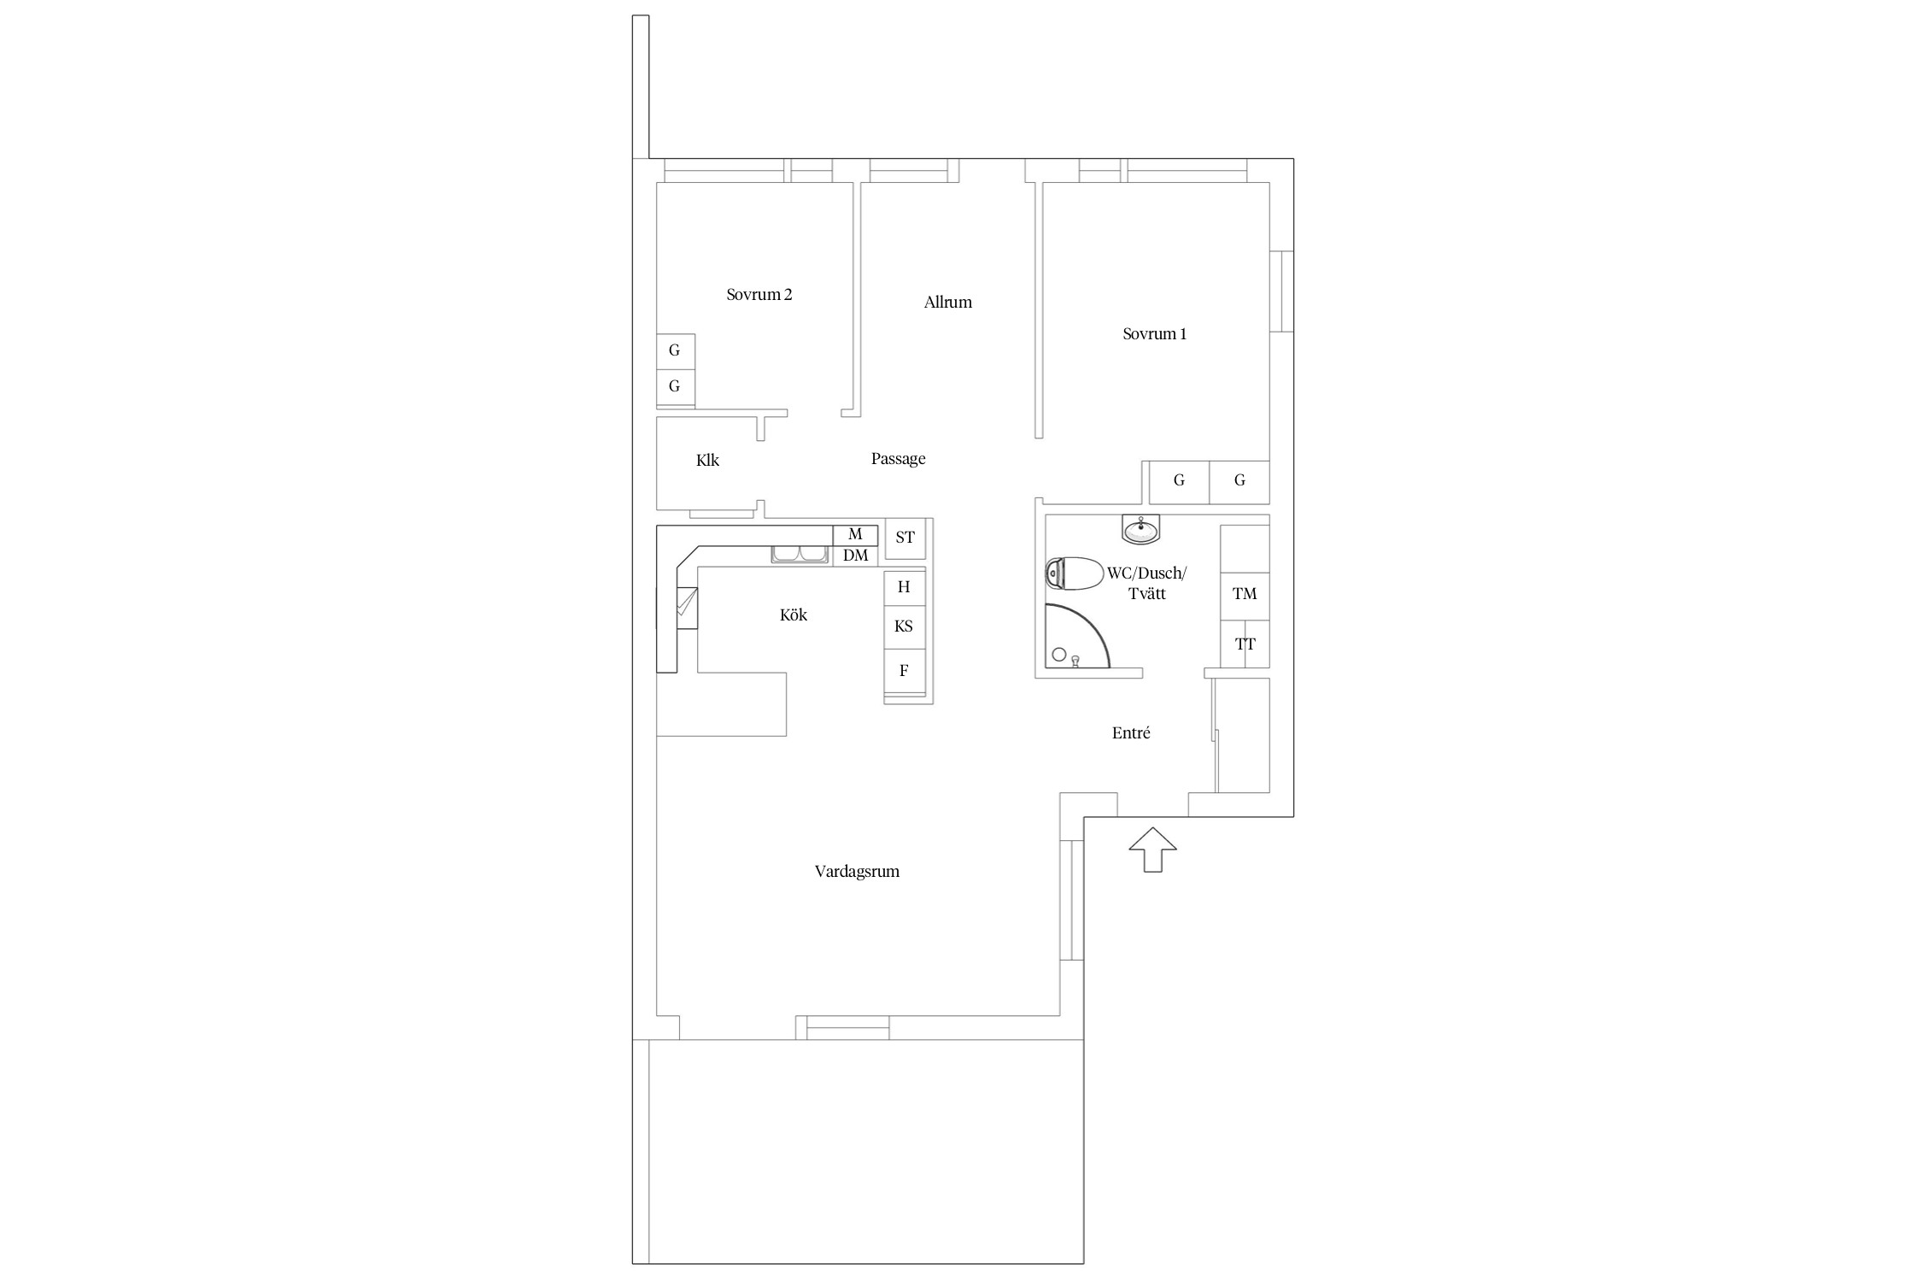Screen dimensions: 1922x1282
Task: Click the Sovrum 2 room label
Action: [759, 295]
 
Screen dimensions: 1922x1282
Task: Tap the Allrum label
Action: [947, 302]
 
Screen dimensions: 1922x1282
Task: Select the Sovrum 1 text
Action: [1154, 334]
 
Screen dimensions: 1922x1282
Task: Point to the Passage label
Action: [898, 459]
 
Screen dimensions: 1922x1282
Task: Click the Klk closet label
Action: [707, 461]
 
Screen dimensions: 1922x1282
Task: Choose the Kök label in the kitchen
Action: [793, 615]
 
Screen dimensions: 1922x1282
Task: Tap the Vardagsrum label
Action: [857, 872]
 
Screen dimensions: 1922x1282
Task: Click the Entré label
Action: [1131, 732]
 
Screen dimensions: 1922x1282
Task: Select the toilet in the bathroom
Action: [1075, 573]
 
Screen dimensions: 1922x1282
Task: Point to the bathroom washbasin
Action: [1140, 530]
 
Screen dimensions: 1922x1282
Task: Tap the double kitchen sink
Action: [800, 556]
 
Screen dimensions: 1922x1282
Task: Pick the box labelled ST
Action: [905, 538]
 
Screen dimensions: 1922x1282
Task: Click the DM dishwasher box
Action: [855, 556]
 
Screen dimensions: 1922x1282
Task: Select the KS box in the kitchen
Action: [904, 626]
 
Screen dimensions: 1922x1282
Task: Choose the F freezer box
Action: [904, 671]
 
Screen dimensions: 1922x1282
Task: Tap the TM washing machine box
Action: [1245, 594]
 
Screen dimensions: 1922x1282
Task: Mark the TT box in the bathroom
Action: [1245, 644]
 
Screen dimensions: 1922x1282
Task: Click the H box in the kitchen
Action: [904, 588]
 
